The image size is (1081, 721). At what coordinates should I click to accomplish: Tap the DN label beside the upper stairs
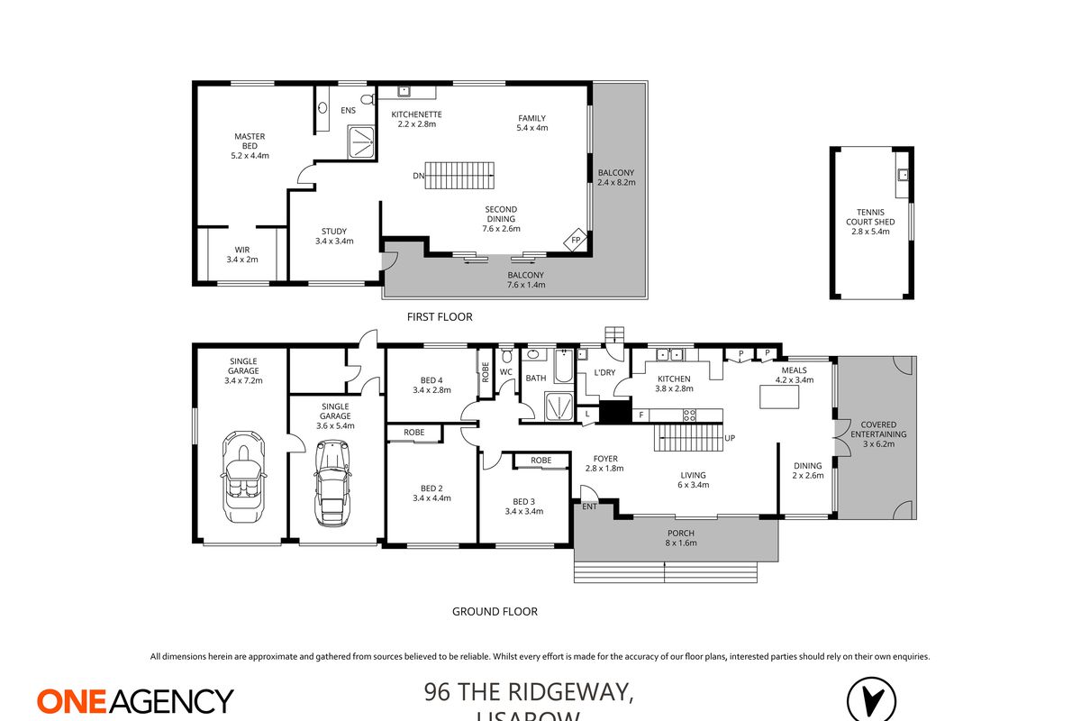point(418,176)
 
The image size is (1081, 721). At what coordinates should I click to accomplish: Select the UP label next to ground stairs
point(730,439)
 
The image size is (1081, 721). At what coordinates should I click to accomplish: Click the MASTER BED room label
point(250,146)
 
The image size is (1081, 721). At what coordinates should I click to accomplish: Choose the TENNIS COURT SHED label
point(869,221)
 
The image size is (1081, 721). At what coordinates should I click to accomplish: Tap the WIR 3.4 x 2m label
point(241,254)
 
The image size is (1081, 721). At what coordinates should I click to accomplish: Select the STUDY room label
point(333,236)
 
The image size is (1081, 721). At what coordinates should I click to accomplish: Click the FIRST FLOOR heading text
point(440,317)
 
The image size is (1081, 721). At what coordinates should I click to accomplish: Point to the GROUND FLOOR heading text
point(495,612)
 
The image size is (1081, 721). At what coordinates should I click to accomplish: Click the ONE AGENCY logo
point(135,700)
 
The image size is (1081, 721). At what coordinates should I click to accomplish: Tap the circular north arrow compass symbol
point(871,699)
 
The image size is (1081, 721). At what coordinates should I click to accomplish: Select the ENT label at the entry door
point(589,507)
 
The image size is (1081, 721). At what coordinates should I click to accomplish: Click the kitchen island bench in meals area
point(781,397)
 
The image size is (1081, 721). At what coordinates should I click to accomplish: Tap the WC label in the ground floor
point(505,371)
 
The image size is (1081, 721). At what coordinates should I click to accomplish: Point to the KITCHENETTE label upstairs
point(416,119)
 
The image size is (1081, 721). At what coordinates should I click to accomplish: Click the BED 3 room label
point(522,507)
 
